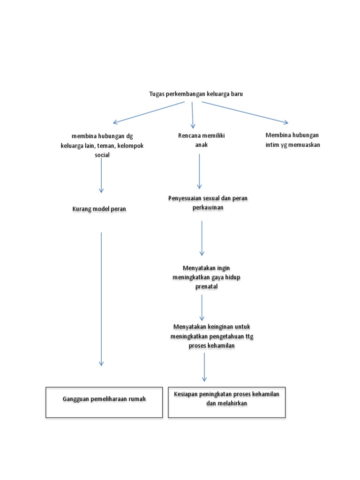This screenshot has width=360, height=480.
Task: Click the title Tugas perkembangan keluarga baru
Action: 196,94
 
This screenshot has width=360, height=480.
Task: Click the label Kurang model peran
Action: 99,209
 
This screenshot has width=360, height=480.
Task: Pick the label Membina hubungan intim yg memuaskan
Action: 292,140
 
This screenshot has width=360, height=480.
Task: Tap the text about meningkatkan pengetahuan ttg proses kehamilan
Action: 208,336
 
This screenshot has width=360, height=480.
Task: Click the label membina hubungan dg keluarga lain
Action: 102,146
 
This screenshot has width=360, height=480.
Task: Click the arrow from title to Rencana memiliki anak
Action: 193,114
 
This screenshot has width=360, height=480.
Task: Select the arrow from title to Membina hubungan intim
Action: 245,112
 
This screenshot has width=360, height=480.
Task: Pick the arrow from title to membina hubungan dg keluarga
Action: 149,112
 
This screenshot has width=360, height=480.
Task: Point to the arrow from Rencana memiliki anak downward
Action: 200,171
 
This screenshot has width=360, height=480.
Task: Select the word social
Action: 102,155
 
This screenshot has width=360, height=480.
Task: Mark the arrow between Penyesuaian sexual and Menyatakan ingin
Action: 202,238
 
